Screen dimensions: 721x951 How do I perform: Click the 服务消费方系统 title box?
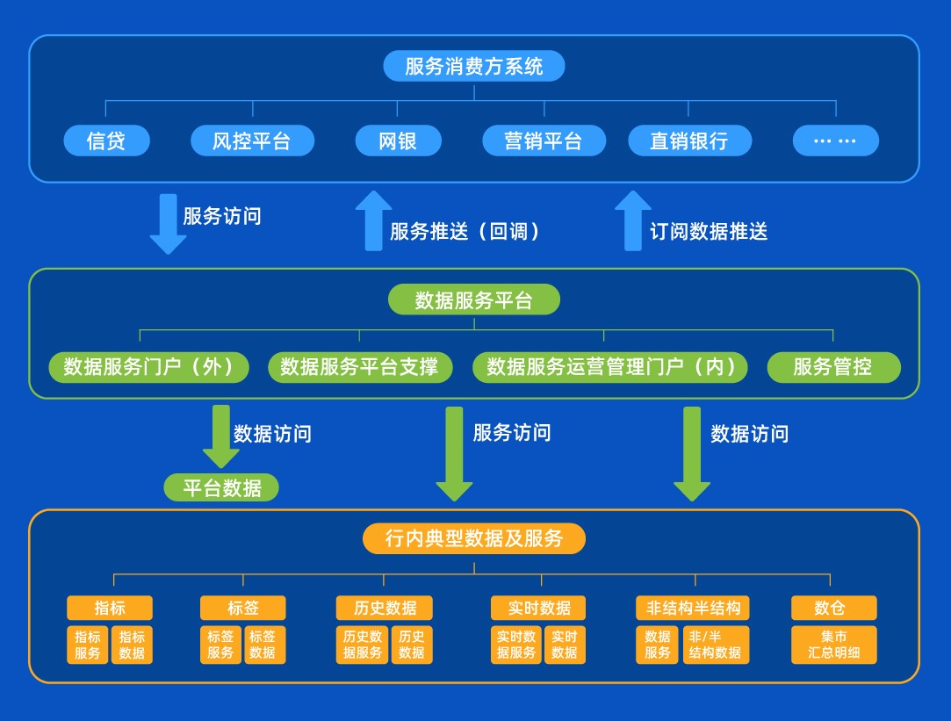[474, 66]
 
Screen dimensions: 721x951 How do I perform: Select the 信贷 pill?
[106, 141]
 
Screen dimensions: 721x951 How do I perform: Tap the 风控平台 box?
[252, 141]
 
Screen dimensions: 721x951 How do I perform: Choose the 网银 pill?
[398, 141]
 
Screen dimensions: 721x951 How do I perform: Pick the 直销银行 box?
[689, 141]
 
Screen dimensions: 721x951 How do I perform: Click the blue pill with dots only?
[835, 141]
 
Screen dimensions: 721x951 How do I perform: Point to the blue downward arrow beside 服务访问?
[168, 224]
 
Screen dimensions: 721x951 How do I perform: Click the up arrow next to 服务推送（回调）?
[373, 220]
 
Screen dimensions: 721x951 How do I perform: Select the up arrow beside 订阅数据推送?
[632, 220]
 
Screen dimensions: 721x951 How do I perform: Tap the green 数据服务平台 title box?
[474, 300]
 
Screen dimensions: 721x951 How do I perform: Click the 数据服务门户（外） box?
[148, 367]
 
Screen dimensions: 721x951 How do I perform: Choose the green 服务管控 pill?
[833, 367]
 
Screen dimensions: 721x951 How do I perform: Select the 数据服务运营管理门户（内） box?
[610, 367]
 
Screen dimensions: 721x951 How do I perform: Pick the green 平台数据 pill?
[221, 487]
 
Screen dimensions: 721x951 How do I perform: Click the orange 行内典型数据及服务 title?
[474, 537]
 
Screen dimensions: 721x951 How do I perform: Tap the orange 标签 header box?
[243, 608]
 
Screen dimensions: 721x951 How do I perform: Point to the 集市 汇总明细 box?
[834, 645]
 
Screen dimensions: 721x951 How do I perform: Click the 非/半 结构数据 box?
[716, 645]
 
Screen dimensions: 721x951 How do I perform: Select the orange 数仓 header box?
[833, 608]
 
